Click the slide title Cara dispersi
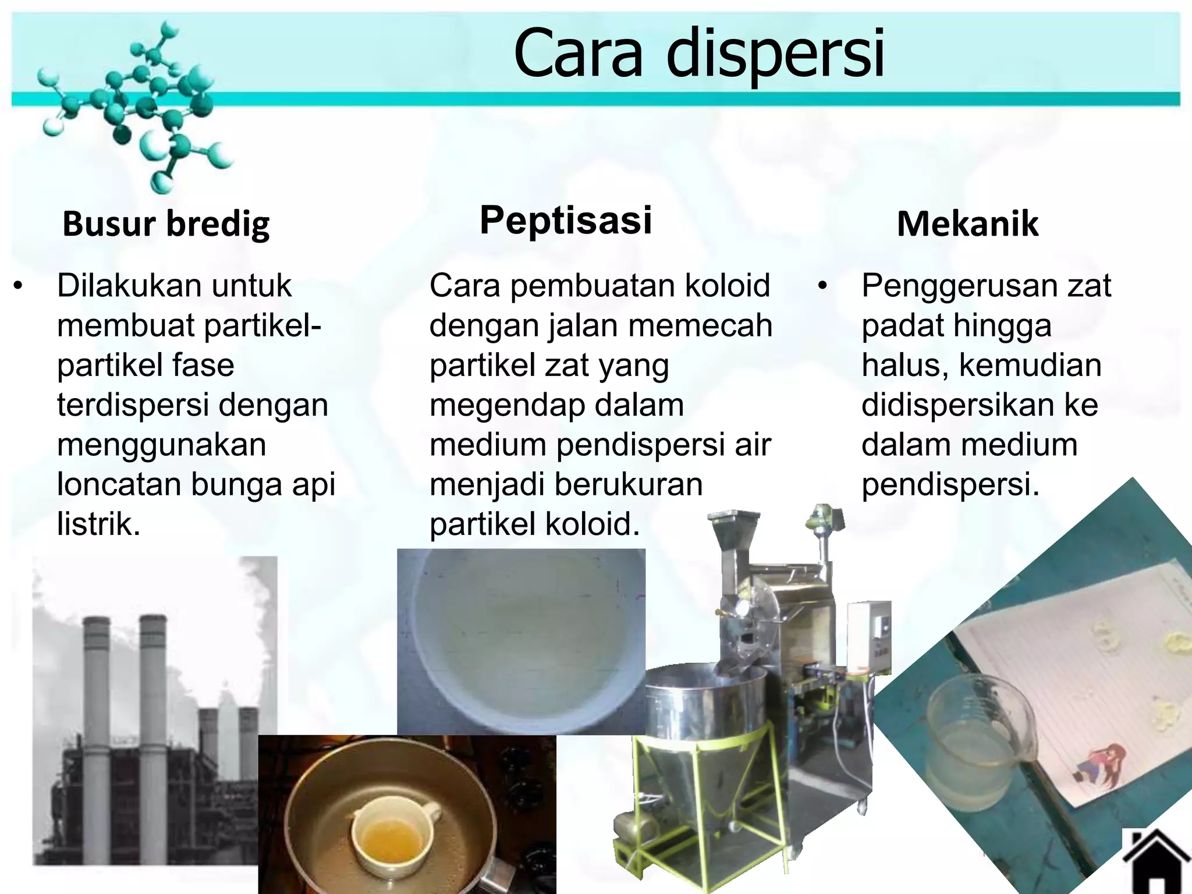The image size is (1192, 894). (698, 54)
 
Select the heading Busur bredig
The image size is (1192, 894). (166, 224)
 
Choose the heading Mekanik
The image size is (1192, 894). (967, 224)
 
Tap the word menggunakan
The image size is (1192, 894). (162, 445)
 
